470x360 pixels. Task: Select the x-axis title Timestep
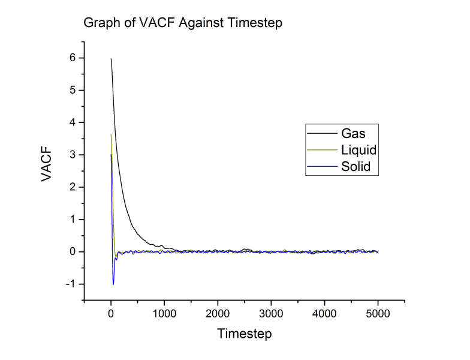point(244,332)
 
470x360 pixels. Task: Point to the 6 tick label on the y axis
point(71,58)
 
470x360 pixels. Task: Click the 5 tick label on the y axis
point(71,91)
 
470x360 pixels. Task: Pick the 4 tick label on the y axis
point(71,123)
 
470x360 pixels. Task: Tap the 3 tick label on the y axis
point(71,155)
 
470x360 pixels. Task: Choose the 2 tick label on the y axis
point(71,188)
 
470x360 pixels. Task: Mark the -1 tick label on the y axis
point(69,284)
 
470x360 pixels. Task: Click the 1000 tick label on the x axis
point(164,313)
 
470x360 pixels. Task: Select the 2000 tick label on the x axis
point(218,313)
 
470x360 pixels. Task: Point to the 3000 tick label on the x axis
point(271,313)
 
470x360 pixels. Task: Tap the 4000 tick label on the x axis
point(324,313)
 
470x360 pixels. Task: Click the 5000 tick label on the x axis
point(378,313)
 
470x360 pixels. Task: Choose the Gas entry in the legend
point(353,133)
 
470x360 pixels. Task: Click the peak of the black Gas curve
point(111,59)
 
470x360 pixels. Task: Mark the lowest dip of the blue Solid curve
point(113,284)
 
